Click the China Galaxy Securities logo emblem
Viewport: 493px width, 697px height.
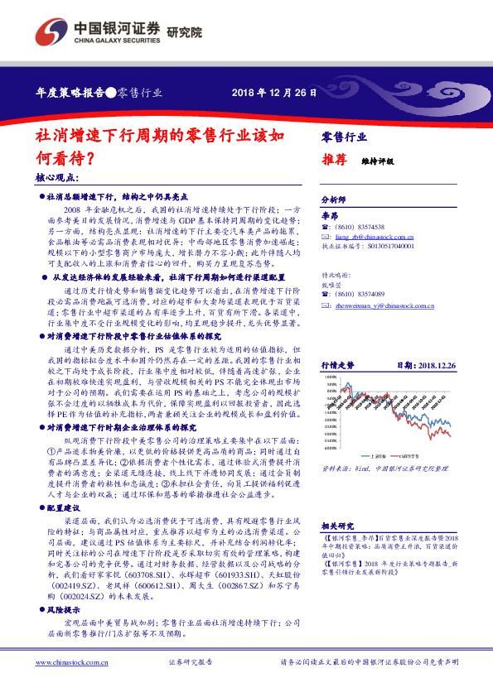[x=49, y=31]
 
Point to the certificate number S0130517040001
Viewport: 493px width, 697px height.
[x=387, y=246]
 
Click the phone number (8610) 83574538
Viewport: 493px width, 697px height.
[x=361, y=226]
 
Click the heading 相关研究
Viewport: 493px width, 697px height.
[x=336, y=524]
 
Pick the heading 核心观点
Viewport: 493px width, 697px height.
[x=56, y=178]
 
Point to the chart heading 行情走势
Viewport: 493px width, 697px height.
[x=337, y=341]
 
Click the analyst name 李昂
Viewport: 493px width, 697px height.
[x=330, y=215]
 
